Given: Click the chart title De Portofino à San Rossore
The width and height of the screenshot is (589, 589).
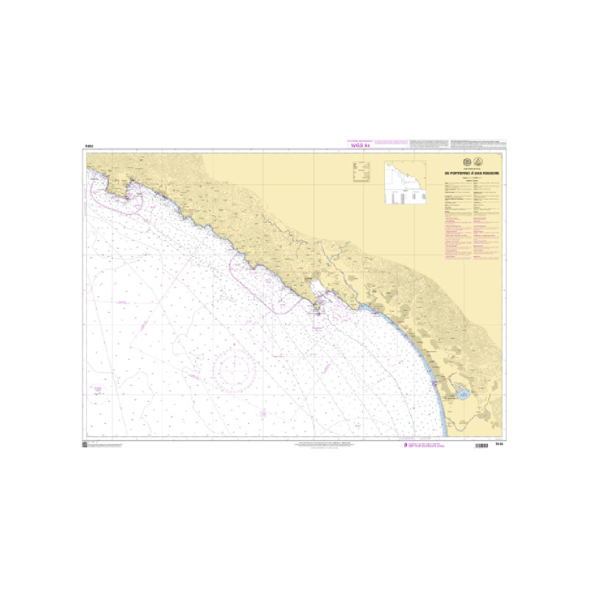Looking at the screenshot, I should click(x=470, y=173).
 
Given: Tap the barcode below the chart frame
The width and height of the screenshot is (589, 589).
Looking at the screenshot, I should click(x=482, y=447).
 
